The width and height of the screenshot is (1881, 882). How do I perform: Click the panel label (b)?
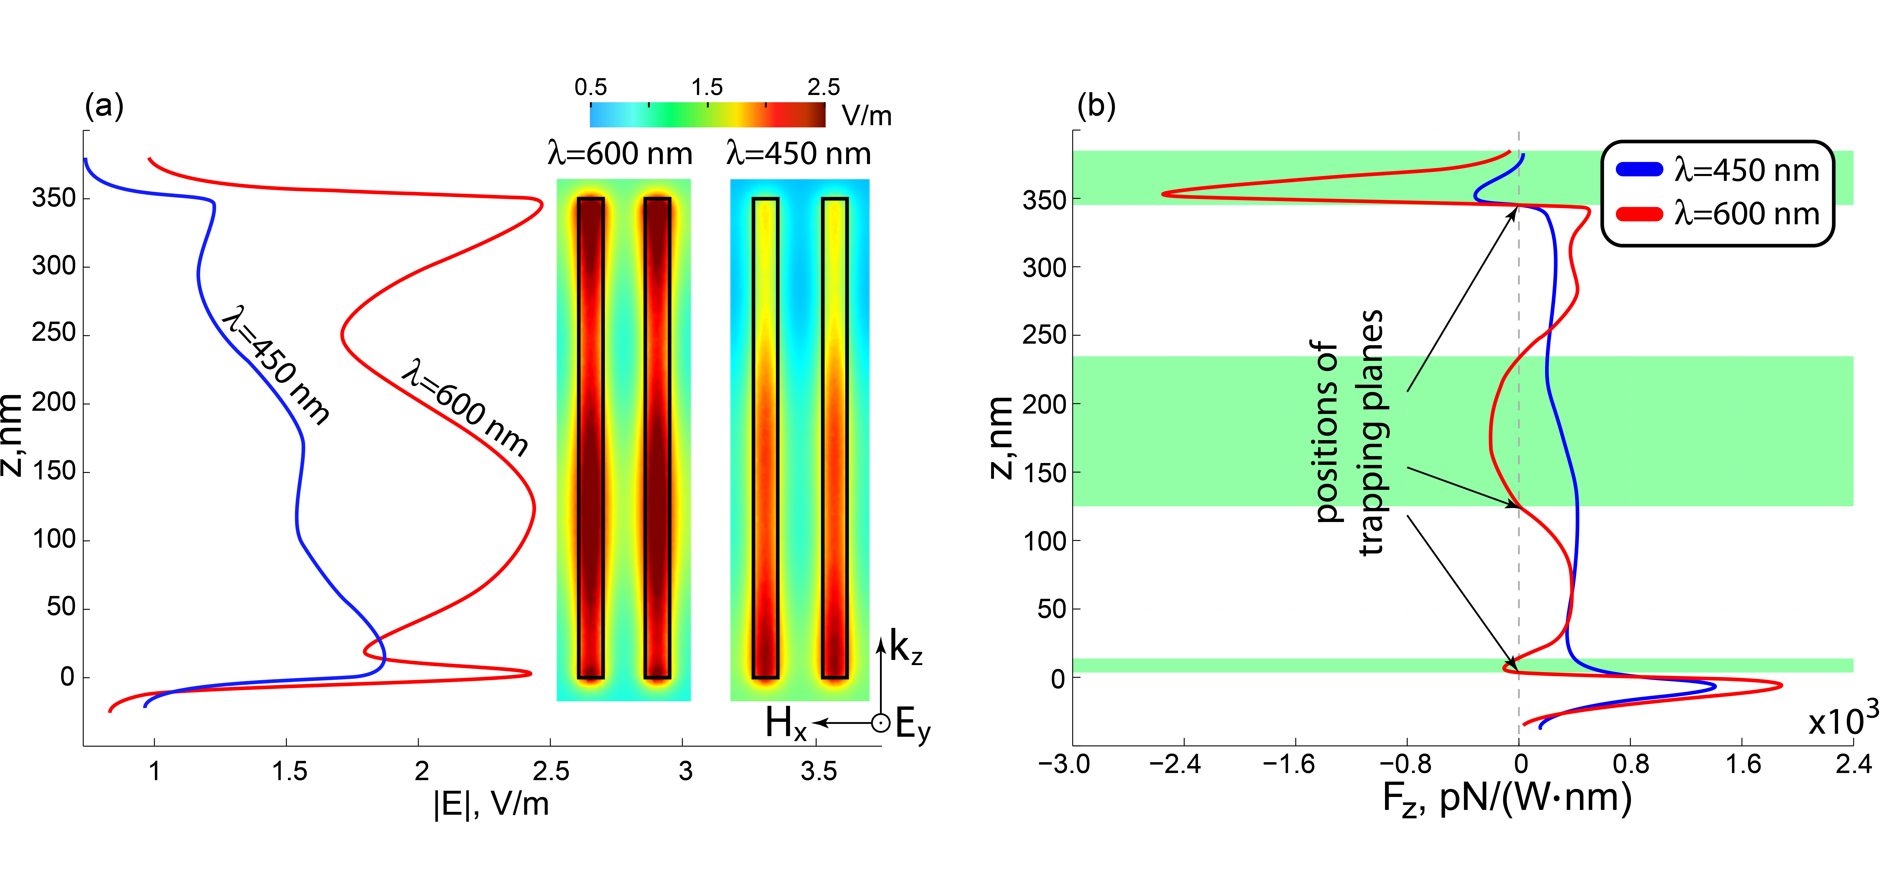[1096, 107]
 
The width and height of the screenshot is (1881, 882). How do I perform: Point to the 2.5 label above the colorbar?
[824, 88]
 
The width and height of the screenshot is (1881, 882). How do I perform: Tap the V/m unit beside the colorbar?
[867, 115]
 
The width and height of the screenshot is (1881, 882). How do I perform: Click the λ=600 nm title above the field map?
[620, 154]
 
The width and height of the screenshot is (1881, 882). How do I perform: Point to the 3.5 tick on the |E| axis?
[819, 771]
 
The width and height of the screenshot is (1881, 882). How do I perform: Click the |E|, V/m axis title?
[491, 804]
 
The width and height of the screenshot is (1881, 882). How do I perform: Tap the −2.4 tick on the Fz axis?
[1174, 764]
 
